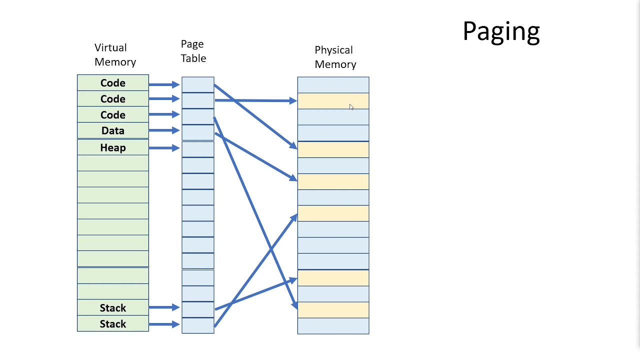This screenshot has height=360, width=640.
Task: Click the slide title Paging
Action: click(501, 31)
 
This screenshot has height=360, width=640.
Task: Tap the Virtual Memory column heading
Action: click(114, 54)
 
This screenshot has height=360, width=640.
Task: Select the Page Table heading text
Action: click(193, 51)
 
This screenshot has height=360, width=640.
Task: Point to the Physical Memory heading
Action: click(335, 57)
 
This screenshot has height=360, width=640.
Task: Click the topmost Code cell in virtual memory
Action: click(113, 83)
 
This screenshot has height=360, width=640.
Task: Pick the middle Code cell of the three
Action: click(113, 99)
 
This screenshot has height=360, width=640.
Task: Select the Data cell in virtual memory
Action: click(113, 131)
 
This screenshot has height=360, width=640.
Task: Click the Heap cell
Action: click(113, 148)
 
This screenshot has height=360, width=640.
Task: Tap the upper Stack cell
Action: click(113, 308)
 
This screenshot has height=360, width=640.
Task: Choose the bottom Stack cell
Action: click(113, 324)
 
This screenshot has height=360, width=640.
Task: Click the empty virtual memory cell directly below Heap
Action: click(113, 163)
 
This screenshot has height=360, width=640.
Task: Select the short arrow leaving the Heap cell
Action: click(164, 148)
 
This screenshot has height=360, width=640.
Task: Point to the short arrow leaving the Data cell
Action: click(164, 130)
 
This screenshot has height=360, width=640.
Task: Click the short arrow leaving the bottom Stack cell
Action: click(164, 324)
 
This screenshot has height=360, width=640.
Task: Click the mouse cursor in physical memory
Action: click(351, 107)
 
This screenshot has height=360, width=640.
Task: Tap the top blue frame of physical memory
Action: click(333, 85)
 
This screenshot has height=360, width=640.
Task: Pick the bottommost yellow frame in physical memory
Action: click(333, 310)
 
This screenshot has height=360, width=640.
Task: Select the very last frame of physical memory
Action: click(333, 326)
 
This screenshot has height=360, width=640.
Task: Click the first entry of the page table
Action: click(197, 84)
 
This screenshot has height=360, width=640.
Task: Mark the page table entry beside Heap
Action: click(197, 149)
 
